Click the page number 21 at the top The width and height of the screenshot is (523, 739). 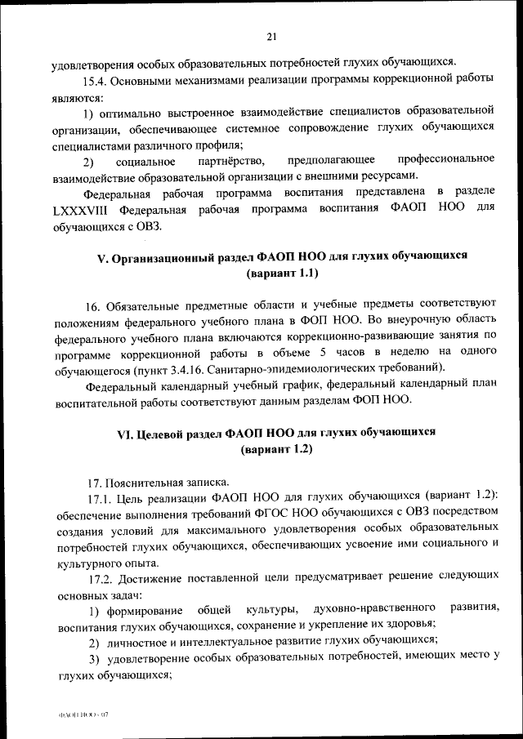(x=272, y=35)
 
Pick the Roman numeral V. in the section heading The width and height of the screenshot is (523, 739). (x=102, y=256)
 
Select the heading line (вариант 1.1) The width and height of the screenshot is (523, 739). (x=281, y=272)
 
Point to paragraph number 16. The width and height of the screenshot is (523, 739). (x=92, y=306)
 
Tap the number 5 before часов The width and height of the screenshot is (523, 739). (x=324, y=352)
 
